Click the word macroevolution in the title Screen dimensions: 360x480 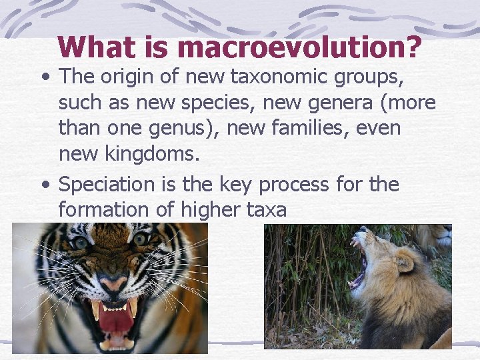[300, 47]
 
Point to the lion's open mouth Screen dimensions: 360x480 [358, 267]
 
